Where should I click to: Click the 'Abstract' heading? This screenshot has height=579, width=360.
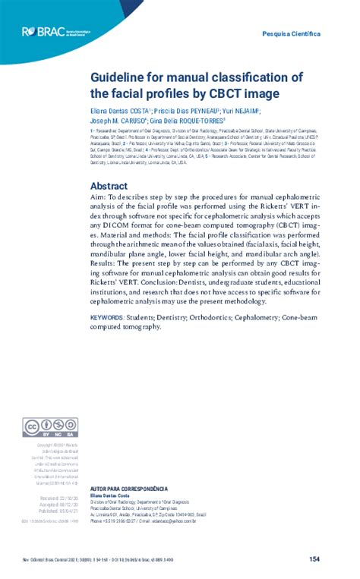(x=109, y=186)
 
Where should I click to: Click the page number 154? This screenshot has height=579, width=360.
(x=314, y=559)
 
